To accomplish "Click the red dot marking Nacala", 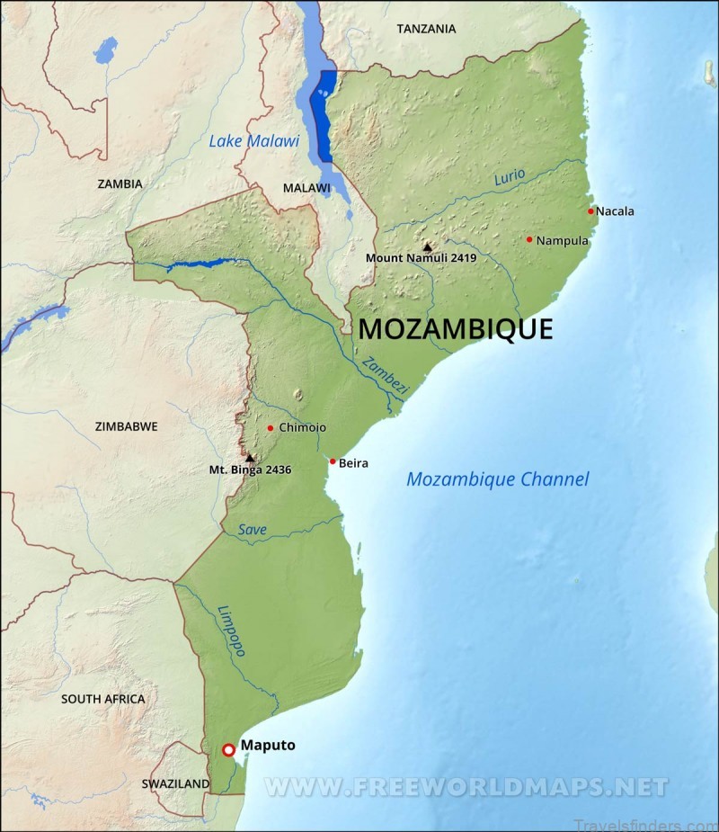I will pyautogui.click(x=590, y=211).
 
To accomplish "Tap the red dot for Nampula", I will pyautogui.click(x=529, y=239).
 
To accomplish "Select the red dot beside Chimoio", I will pyautogui.click(x=270, y=428).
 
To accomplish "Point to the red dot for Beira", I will pyautogui.click(x=333, y=461).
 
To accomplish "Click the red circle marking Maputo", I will pyautogui.click(x=228, y=749).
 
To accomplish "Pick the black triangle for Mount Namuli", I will pyautogui.click(x=428, y=246).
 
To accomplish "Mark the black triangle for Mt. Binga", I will pyautogui.click(x=250, y=458).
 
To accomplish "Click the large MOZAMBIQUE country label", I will pyautogui.click(x=456, y=329).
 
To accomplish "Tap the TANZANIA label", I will pyautogui.click(x=426, y=29).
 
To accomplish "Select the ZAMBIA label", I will pyautogui.click(x=120, y=183).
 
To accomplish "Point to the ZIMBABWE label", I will pyautogui.click(x=127, y=426).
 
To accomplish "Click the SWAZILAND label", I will pyautogui.click(x=175, y=784).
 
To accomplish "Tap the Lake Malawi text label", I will pyautogui.click(x=254, y=140).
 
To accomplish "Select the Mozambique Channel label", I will pyautogui.click(x=497, y=479).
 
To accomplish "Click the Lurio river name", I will pyautogui.click(x=510, y=177).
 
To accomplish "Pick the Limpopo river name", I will pyautogui.click(x=231, y=631).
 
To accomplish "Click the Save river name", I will pyautogui.click(x=253, y=530).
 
